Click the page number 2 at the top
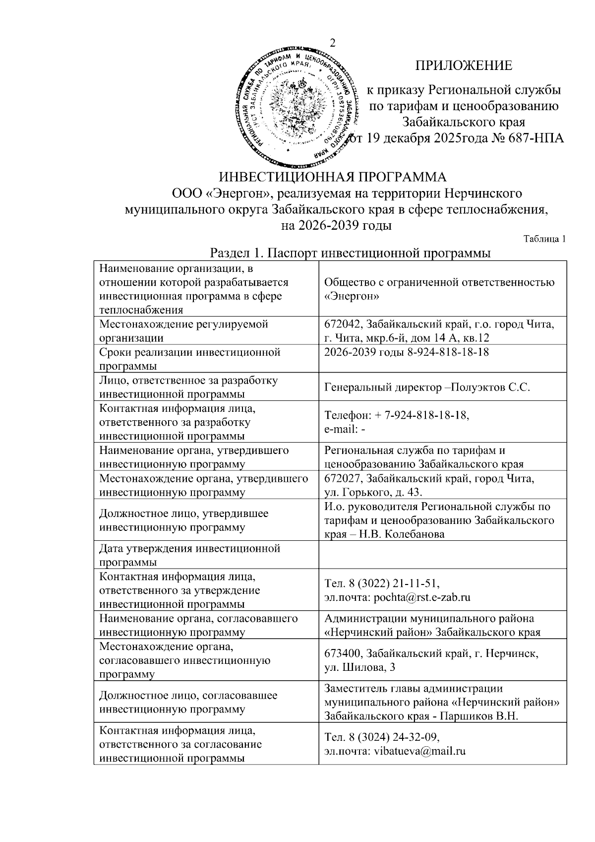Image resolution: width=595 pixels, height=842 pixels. point(332,43)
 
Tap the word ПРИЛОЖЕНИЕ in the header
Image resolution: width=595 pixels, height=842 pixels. point(463,65)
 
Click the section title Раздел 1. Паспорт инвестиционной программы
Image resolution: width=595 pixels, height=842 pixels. point(351,253)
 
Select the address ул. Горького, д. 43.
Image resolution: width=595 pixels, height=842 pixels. point(373,492)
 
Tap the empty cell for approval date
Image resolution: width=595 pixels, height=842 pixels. point(443,555)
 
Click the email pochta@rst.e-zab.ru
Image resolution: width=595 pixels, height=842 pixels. point(421,597)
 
